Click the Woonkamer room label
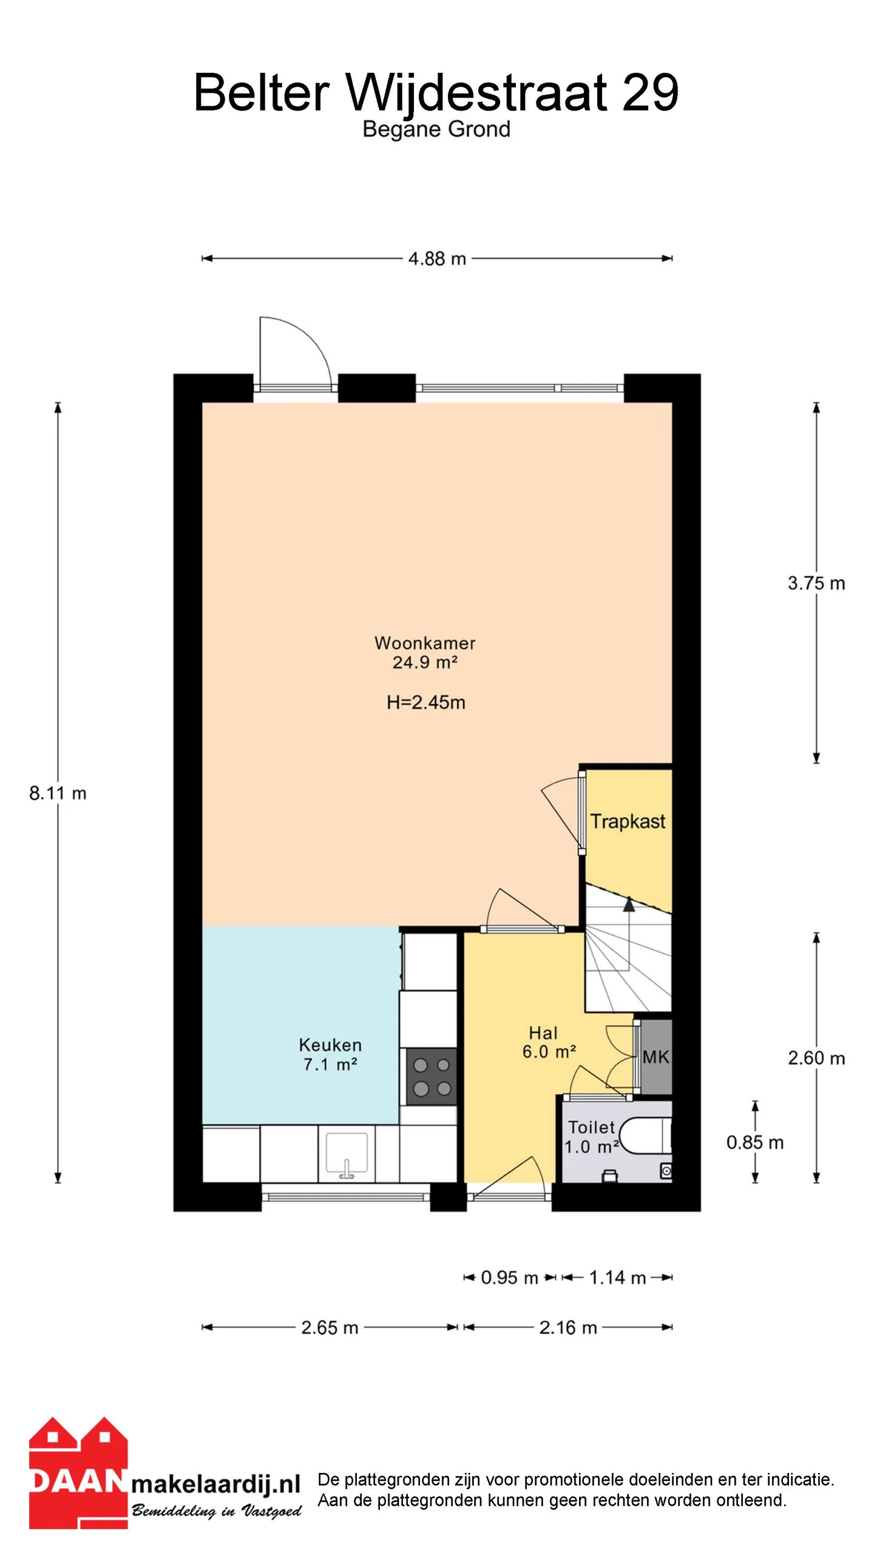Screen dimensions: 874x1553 coord(425,642)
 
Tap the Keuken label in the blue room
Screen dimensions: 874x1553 coord(330,1045)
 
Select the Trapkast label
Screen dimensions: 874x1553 coord(628,821)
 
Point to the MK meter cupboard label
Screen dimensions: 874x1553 coord(656,1057)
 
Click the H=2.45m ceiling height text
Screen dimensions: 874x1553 coord(426,702)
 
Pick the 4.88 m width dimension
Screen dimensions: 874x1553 coord(437,259)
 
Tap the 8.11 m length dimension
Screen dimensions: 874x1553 coord(58,793)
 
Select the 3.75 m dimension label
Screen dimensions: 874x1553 coord(816,583)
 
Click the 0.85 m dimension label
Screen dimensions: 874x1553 coord(755,1142)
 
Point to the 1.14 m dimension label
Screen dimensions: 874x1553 coord(617,1278)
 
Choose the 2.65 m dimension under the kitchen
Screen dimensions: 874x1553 coord(330,1327)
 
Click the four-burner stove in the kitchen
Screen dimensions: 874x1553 coord(432,1077)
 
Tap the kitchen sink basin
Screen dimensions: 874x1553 coord(347,1152)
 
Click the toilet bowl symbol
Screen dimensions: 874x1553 coord(644,1136)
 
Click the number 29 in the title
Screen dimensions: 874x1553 coord(650,92)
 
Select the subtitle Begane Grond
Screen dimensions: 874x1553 coord(436,130)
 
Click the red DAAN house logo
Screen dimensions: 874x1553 coord(78,1473)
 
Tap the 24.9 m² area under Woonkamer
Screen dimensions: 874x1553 coord(425,662)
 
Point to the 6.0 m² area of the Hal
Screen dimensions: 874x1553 coord(549,1051)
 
